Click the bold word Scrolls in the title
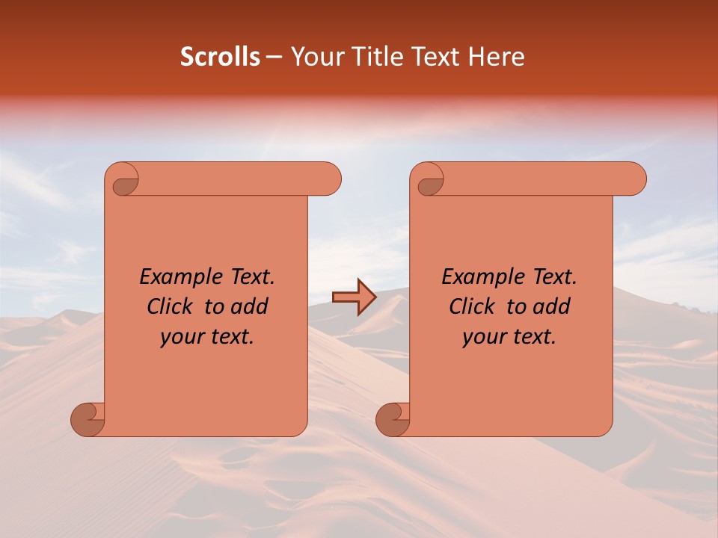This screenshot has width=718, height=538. click(221, 57)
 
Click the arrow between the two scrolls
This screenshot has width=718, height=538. click(354, 297)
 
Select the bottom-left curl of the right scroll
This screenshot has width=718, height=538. click(393, 418)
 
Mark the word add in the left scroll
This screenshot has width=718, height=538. click(250, 306)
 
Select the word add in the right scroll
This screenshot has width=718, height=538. click(552, 306)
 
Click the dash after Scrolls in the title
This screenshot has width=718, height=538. click(274, 57)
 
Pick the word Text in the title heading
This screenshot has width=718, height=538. click(434, 57)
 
